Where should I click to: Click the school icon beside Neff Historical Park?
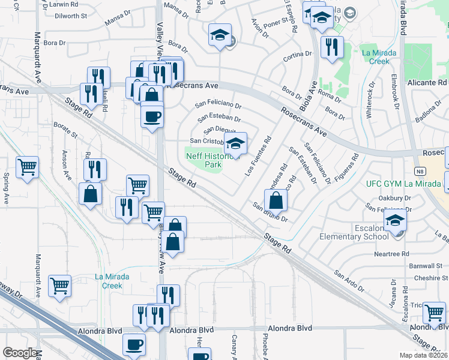coord(236,145)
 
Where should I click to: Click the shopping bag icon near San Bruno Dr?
coord(276,199)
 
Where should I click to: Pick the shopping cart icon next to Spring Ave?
coord(27,167)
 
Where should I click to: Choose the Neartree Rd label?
coord(375,254)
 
